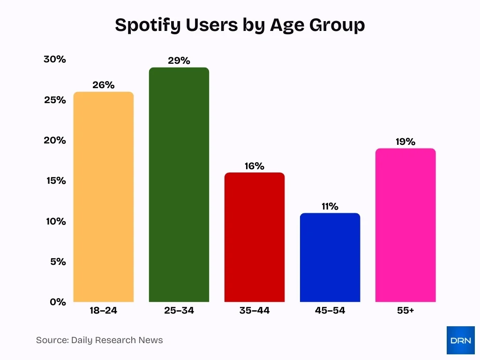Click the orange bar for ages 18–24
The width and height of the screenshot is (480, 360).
click(x=104, y=197)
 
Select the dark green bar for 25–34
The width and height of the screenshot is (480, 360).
click(x=179, y=185)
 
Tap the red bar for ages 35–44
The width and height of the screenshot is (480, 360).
click(x=255, y=237)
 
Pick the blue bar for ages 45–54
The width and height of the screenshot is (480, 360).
click(x=330, y=257)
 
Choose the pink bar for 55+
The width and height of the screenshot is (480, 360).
click(x=405, y=225)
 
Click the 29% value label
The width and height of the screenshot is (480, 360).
click(x=179, y=60)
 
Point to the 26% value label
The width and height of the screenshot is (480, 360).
click(x=104, y=85)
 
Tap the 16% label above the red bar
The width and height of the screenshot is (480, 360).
click(x=255, y=166)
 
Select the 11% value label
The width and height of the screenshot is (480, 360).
click(x=330, y=206)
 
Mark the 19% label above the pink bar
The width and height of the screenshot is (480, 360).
click(x=405, y=142)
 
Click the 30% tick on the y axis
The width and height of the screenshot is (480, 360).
click(x=55, y=60)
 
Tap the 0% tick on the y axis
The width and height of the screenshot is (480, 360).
click(x=58, y=302)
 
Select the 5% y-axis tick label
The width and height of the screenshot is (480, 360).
click(x=58, y=262)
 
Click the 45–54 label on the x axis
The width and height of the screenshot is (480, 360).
click(x=330, y=310)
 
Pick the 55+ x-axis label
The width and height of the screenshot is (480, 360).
click(x=405, y=310)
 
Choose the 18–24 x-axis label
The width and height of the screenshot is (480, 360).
click(x=104, y=310)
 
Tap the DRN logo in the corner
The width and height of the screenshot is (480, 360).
click(x=460, y=340)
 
